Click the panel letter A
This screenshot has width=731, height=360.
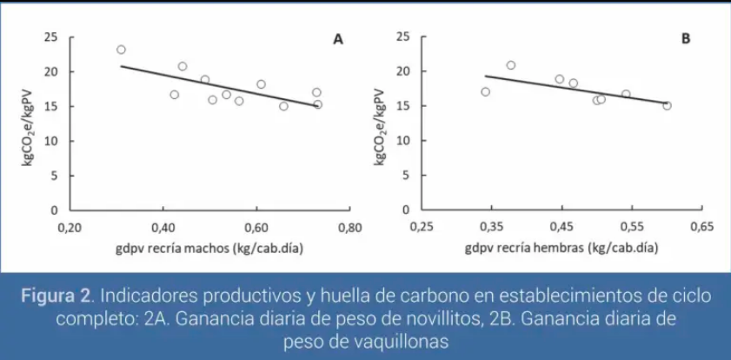tap(338, 39)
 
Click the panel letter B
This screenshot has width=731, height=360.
tap(686, 39)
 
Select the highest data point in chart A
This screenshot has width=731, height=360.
tap(121, 50)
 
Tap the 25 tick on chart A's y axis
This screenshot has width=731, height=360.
tap(51, 37)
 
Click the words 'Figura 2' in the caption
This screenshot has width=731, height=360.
tap(56, 296)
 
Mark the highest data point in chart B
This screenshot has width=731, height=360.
tap(511, 65)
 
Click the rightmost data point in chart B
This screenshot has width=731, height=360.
tap(667, 105)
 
